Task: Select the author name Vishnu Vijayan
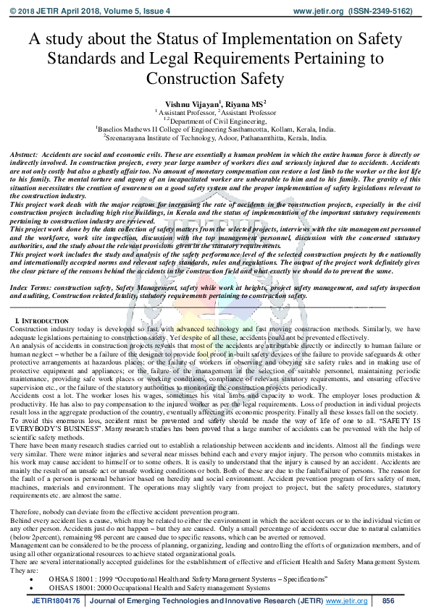coord(191,104)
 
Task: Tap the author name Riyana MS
coord(243,104)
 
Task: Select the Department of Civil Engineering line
coord(215,121)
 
